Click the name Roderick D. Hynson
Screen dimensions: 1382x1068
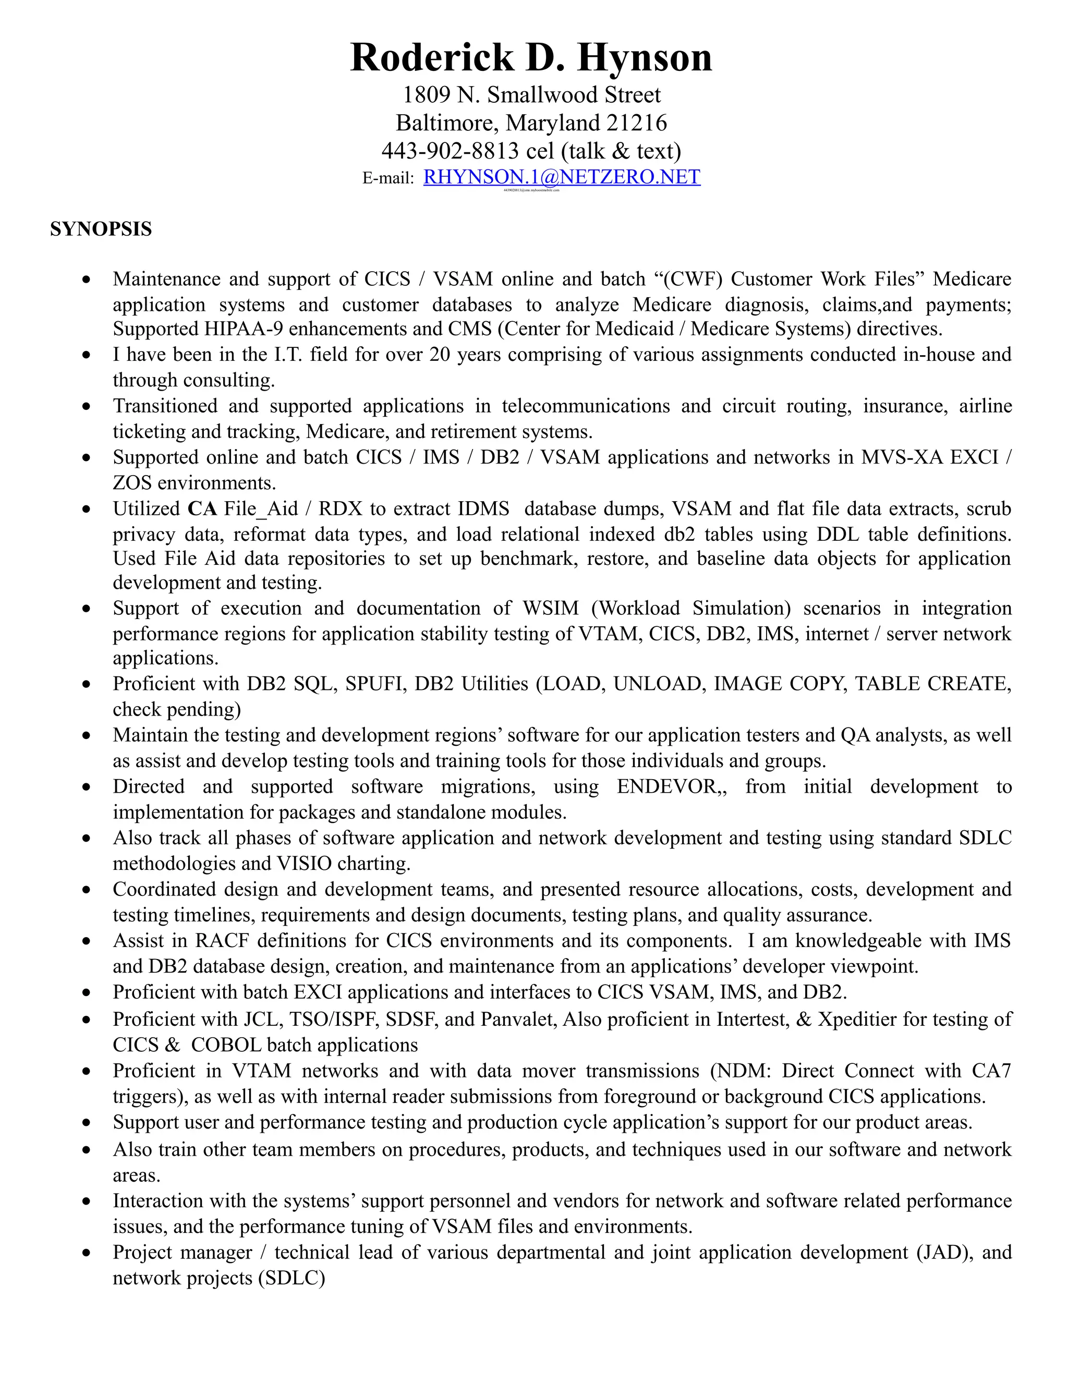click(531, 57)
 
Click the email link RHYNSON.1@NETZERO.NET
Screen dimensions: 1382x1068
click(561, 177)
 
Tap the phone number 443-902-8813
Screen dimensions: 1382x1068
click(450, 151)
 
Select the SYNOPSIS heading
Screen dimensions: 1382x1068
click(101, 229)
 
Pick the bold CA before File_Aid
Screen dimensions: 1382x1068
click(202, 509)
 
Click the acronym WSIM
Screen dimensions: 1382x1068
click(551, 608)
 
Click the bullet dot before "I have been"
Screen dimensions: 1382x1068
click(87, 356)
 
